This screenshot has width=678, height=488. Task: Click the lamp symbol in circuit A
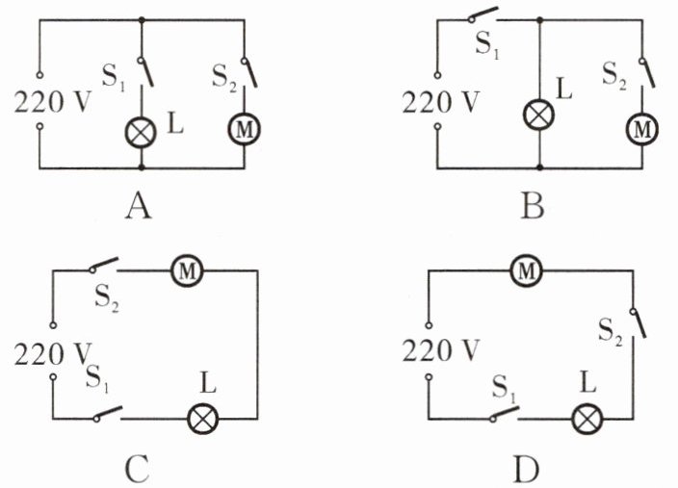(x=141, y=132)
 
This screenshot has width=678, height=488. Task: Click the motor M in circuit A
(x=245, y=130)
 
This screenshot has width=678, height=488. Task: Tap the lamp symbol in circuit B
(x=538, y=115)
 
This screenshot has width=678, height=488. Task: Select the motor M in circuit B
(x=642, y=129)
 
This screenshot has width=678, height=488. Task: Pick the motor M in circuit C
(x=187, y=271)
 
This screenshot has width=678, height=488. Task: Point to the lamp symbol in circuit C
(x=202, y=419)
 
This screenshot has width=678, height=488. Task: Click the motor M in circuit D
(x=526, y=271)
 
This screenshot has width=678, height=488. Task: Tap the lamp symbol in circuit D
(x=587, y=419)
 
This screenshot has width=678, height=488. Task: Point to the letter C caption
(x=137, y=470)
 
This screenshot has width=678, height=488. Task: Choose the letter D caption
(x=526, y=470)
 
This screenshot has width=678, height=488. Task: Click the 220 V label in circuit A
(x=53, y=102)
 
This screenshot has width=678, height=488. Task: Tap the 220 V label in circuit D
(x=441, y=350)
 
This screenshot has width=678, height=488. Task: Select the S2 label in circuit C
(x=107, y=298)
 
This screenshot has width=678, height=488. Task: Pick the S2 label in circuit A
(x=224, y=78)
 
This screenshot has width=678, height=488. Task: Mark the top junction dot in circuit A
(x=142, y=20)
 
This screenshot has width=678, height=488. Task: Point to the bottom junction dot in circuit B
(x=539, y=167)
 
